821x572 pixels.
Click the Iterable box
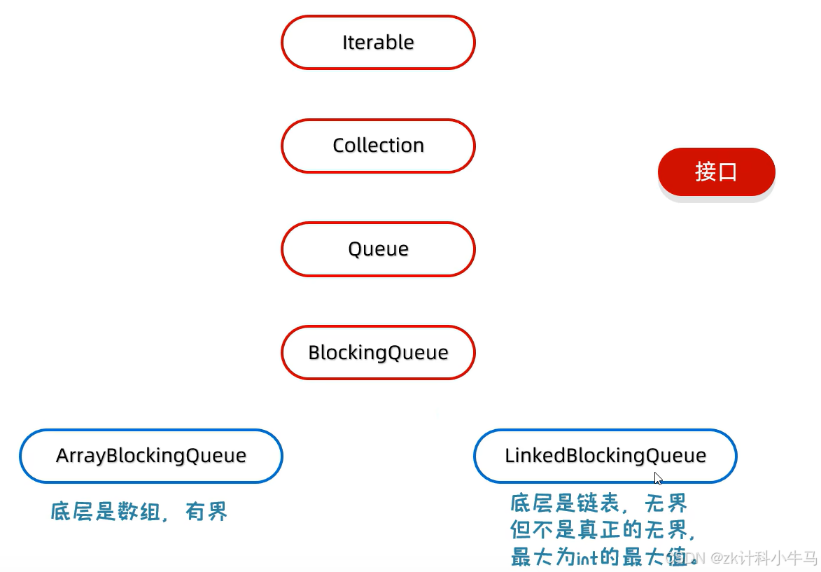point(378,43)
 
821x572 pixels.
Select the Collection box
point(378,146)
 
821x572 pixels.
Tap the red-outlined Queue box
point(378,249)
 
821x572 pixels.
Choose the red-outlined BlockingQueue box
point(378,352)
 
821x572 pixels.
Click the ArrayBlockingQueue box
point(150,456)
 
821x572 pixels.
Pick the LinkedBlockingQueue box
point(605,456)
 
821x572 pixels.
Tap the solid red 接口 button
point(716,172)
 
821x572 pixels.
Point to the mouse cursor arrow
point(658,478)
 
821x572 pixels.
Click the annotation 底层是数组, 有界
point(139,512)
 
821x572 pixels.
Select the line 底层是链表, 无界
point(598,503)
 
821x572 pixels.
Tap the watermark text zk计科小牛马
point(764,558)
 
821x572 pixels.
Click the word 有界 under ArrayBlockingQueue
point(206,512)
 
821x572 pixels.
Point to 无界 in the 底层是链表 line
point(666,503)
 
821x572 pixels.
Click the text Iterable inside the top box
point(378,43)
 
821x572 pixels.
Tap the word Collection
point(378,146)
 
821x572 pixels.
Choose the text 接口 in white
point(716,172)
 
